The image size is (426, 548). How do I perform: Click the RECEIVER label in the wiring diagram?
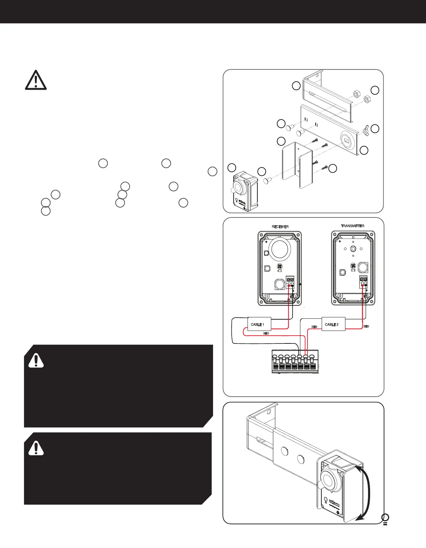click(280, 227)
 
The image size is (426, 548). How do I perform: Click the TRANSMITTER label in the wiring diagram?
click(353, 226)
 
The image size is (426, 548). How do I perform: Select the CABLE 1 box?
click(259, 324)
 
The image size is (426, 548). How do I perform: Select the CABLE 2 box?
click(333, 324)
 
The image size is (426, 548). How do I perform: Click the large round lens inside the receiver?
click(280, 250)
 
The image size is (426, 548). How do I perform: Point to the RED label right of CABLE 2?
click(366, 326)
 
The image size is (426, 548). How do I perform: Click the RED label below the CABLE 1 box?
click(266, 334)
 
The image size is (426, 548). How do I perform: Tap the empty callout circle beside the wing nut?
click(375, 129)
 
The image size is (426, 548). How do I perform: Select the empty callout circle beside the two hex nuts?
click(375, 90)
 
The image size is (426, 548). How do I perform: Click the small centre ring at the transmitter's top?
click(353, 249)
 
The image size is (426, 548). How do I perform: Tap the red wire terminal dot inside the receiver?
click(288, 287)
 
